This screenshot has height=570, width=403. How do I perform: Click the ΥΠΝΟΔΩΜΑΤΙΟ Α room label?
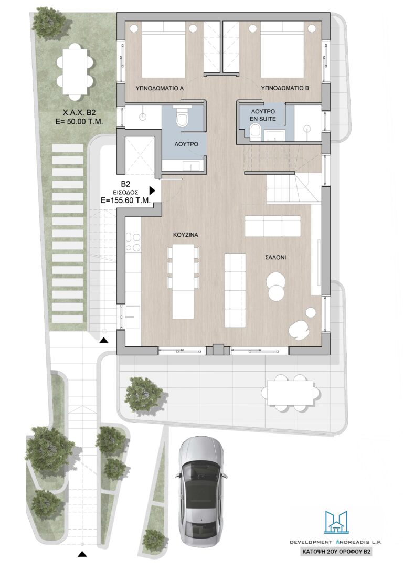click(x=159, y=88)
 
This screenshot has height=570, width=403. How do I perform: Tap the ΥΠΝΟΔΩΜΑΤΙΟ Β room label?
click(x=285, y=88)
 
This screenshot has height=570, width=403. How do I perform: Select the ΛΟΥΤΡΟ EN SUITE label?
click(x=263, y=115)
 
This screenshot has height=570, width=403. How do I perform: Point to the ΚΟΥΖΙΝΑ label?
click(x=185, y=235)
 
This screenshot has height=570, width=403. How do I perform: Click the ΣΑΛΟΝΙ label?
click(x=275, y=257)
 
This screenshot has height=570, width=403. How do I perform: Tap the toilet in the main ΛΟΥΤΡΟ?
click(x=182, y=117)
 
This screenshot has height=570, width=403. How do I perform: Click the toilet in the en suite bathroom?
click(x=256, y=131)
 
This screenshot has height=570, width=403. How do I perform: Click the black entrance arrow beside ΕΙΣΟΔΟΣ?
click(x=152, y=190)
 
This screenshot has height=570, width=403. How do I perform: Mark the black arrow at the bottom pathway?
click(x=83, y=554)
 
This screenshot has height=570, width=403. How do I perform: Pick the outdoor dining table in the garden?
click(x=75, y=71)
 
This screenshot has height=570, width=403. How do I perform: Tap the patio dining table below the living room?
click(x=291, y=392)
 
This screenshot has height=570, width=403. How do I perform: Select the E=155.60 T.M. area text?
click(x=126, y=199)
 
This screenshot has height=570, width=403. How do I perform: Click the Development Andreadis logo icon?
click(x=336, y=523)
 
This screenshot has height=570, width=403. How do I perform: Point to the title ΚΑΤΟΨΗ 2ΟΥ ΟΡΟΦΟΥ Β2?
click(x=336, y=552)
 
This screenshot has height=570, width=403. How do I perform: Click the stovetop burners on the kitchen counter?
click(x=133, y=242)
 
